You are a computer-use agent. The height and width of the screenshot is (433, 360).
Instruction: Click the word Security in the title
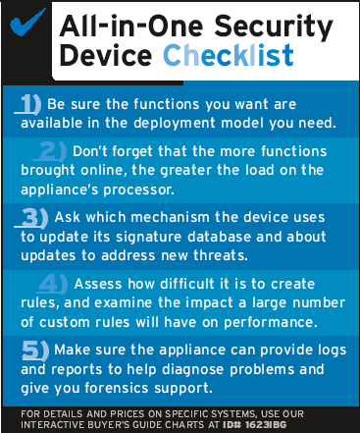(x=274, y=27)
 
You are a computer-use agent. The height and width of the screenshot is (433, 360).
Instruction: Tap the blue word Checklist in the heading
(x=229, y=55)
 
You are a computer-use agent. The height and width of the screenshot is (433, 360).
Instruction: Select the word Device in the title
(x=106, y=55)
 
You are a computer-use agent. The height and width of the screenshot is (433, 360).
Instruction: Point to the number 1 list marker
(x=28, y=105)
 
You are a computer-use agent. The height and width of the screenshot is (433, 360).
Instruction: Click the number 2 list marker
(x=50, y=151)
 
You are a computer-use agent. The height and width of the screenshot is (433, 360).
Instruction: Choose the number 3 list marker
(x=31, y=218)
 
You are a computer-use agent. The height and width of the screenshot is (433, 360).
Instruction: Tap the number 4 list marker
(x=52, y=284)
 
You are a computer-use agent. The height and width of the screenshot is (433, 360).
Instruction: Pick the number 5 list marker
(x=35, y=351)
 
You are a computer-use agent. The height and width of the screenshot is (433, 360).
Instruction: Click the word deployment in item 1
(x=175, y=124)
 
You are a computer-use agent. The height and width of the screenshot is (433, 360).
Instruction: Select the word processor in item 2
(x=139, y=189)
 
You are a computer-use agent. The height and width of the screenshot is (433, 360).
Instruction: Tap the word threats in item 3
(x=221, y=255)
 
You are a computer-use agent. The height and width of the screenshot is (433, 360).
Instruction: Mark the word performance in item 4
(x=271, y=322)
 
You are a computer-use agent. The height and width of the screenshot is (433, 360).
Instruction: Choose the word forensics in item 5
(x=117, y=388)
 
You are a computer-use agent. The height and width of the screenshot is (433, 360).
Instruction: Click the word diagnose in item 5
(x=193, y=370)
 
